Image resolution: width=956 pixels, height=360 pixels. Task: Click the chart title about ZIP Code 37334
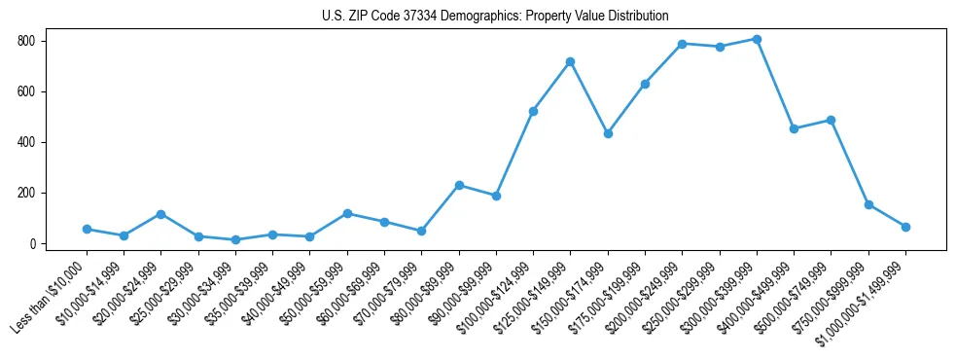(x=495, y=17)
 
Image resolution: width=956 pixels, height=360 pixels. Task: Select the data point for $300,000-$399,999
(x=757, y=39)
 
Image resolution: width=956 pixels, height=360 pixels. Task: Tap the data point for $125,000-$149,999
(x=570, y=61)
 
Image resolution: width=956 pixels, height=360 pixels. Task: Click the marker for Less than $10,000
(x=87, y=229)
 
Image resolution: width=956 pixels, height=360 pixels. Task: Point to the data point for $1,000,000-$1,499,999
(x=905, y=227)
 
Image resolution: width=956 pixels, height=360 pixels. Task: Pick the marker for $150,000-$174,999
(x=608, y=133)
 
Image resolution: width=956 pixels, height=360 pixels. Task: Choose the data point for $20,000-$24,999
(x=160, y=214)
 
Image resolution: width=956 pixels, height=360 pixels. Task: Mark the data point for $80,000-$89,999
(x=459, y=185)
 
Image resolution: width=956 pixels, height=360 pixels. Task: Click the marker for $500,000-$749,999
(x=831, y=120)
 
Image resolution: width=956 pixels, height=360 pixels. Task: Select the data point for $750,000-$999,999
(x=868, y=204)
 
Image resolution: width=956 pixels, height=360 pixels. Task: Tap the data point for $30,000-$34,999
(x=235, y=239)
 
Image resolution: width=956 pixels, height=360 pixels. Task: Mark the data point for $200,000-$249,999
(x=682, y=44)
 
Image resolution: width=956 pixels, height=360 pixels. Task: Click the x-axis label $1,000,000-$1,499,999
(x=867, y=298)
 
